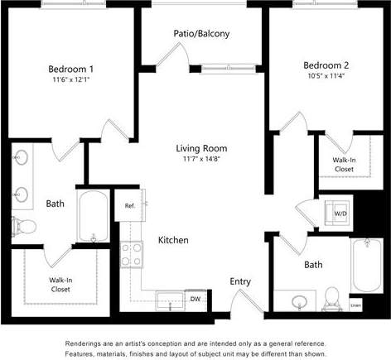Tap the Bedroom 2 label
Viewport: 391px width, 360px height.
coord(326,65)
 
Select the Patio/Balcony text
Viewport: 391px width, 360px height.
coord(201,34)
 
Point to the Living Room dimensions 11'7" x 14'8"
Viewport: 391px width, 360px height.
coord(201,161)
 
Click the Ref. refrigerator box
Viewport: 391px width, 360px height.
coord(130,206)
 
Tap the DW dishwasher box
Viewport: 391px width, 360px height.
coord(195,298)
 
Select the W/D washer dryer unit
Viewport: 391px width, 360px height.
coord(340,213)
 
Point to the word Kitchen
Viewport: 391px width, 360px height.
coord(173,241)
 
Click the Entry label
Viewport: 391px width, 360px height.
coord(240,281)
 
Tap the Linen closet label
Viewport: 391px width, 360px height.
coord(356,305)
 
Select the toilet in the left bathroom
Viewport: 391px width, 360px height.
coord(23,226)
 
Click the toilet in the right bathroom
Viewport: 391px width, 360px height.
coord(333,296)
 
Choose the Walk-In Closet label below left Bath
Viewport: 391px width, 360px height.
coord(59,286)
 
